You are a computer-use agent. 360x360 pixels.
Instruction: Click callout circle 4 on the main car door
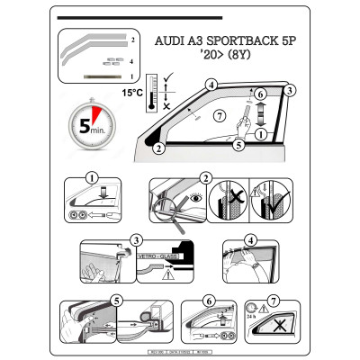coord(211,85)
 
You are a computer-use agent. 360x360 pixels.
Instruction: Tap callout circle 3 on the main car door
coord(290,91)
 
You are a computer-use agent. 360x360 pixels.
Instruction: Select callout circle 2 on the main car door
coord(157,148)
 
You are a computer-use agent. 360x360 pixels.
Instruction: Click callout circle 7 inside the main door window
coord(216,117)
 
